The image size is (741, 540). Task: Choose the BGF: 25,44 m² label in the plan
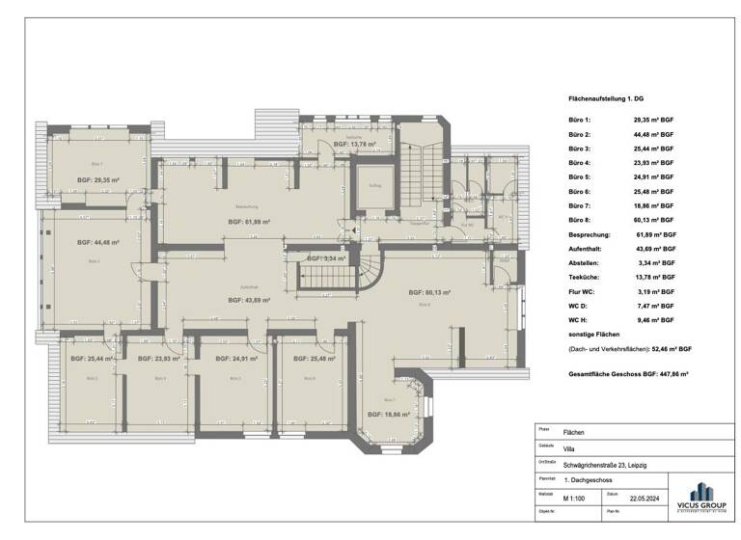coord(91,359)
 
